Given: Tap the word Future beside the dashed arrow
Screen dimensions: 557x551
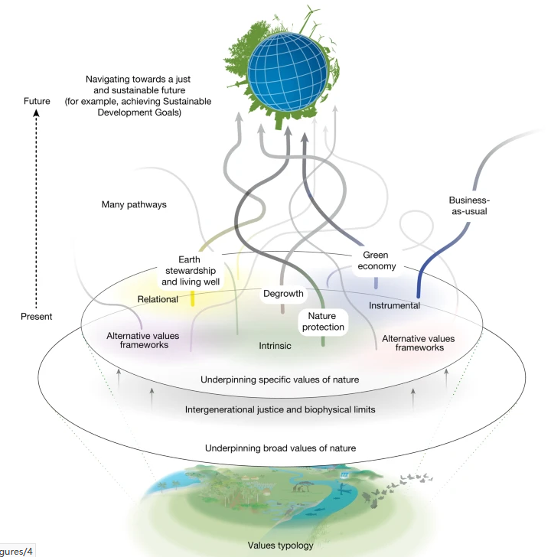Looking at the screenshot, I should [x=37, y=101].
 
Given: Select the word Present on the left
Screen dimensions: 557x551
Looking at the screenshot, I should [x=37, y=316].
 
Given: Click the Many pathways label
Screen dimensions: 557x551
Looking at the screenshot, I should [x=135, y=204].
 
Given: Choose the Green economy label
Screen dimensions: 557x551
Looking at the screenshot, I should [x=379, y=261].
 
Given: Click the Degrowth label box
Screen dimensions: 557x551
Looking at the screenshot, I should [x=284, y=294].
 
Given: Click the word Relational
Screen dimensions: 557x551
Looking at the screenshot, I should [x=158, y=298].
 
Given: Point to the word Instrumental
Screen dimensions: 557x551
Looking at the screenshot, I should [x=395, y=305].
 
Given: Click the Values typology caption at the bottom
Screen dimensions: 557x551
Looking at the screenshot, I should [x=280, y=546].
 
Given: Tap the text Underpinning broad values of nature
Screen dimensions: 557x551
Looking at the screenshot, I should [x=281, y=448].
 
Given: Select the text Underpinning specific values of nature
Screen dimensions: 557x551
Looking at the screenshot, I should [x=280, y=379].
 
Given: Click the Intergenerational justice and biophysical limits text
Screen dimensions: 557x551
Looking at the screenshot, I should [x=280, y=409].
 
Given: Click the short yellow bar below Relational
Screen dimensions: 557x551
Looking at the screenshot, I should [x=193, y=298].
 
